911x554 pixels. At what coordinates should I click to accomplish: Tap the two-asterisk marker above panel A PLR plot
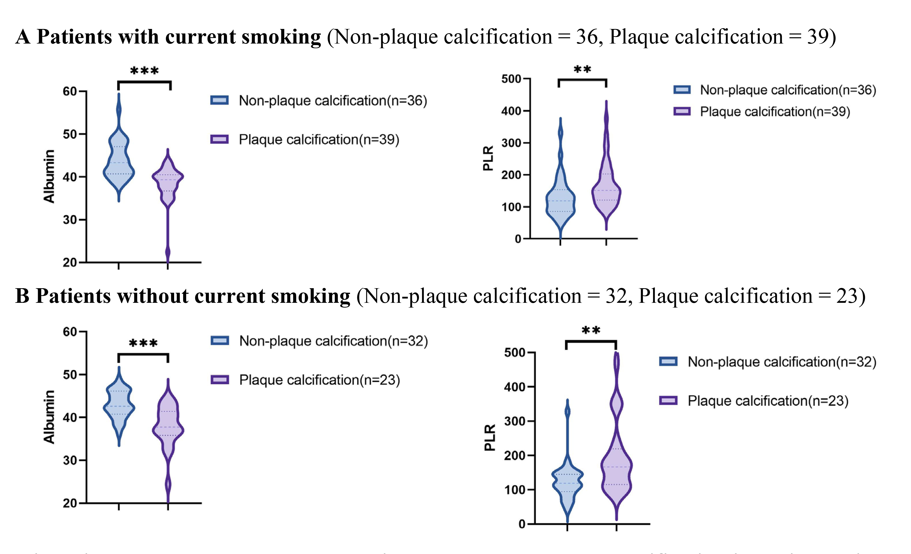coord(582,69)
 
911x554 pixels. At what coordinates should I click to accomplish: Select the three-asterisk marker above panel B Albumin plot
coord(143,343)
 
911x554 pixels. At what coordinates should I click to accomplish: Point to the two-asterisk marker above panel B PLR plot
coord(591,330)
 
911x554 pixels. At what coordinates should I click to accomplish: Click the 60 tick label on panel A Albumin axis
coord(70,91)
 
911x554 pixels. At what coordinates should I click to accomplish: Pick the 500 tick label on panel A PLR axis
coord(511,79)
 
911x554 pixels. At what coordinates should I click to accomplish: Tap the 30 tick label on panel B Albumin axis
coord(70,460)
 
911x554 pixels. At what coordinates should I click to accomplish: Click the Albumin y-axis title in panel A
coord(49,176)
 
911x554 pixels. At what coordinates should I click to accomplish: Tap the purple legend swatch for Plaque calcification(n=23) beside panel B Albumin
coord(220,380)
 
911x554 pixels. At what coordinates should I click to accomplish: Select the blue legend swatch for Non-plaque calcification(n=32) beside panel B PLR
coord(668,362)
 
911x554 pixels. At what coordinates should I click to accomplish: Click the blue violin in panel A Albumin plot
coord(119,163)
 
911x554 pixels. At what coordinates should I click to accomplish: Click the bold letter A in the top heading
coord(23,37)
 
